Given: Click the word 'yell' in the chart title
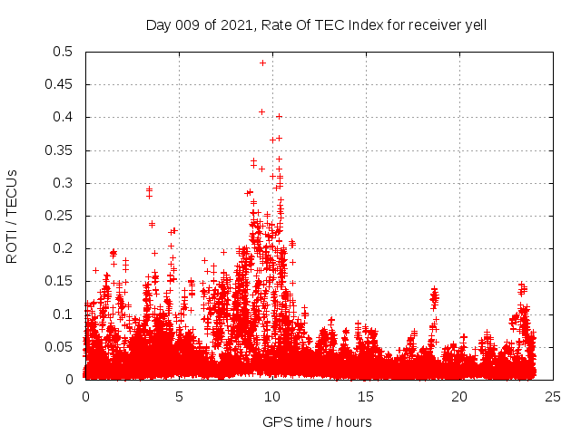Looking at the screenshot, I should coord(475,24).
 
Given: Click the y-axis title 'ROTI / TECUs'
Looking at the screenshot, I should coord(12,216).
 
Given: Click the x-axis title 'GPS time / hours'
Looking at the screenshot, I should coord(317,421).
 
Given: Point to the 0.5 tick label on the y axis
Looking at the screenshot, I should coord(64,52).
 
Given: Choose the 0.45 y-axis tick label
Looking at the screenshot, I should coord(60,84).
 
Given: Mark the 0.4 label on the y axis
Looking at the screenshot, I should coord(64,118).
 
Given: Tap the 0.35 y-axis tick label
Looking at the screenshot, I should coord(60,150).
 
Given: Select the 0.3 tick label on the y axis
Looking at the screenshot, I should coord(64,183).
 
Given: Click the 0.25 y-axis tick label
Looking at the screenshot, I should coord(60,216).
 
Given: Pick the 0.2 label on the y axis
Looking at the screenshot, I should coord(64,248).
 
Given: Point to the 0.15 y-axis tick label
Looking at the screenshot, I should coord(60,281).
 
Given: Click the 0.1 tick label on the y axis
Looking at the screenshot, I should coord(64,314).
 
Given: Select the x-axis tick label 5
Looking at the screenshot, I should coord(179,397).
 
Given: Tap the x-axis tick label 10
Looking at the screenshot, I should coord(272,397).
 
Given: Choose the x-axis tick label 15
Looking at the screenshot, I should coord(366,397).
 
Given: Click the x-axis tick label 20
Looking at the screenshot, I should coord(459,397).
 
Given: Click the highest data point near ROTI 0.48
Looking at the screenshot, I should coord(262,63).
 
